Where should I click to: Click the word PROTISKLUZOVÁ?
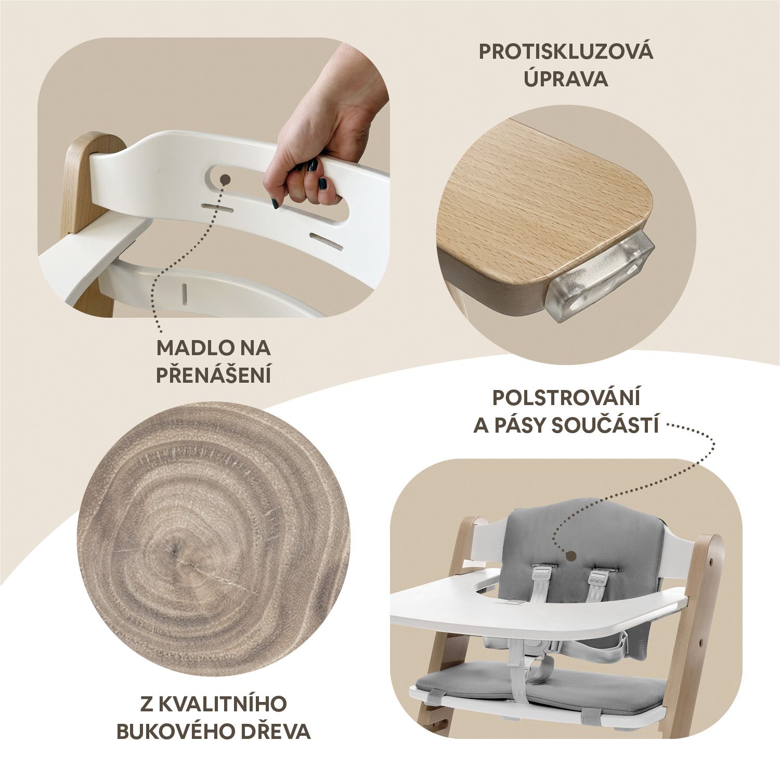[x=566, y=53]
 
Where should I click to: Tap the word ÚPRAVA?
[x=565, y=79]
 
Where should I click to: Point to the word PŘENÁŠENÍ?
[x=214, y=374]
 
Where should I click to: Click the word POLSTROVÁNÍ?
[x=566, y=398]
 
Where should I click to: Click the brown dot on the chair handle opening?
[x=225, y=179]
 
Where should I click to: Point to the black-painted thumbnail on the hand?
[x=322, y=184]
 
